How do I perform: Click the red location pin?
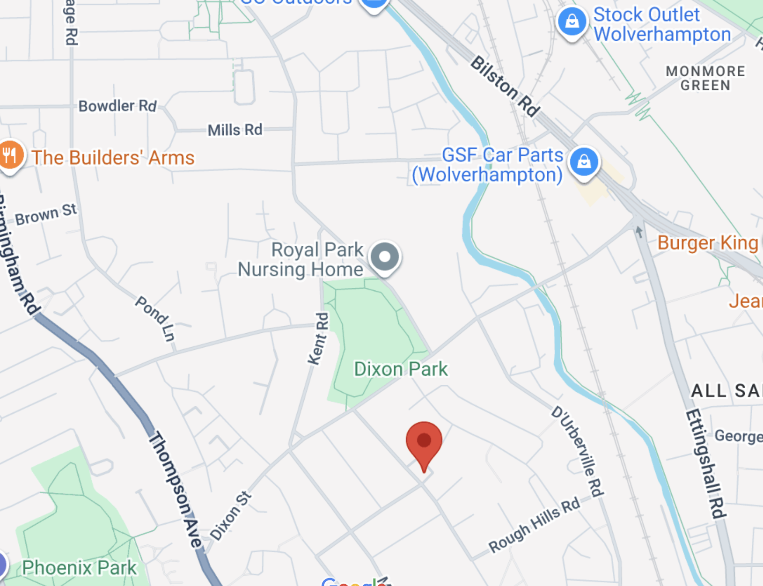click(424, 442)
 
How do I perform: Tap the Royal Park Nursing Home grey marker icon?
click(385, 257)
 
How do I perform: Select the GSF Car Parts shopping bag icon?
click(584, 162)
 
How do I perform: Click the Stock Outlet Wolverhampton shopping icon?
click(572, 22)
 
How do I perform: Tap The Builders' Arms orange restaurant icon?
click(10, 155)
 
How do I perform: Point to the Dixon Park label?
click(401, 369)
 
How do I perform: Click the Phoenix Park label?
click(79, 568)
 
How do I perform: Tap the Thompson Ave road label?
click(175, 489)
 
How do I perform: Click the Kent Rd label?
click(318, 338)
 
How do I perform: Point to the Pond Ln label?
click(155, 318)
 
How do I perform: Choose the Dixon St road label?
click(230, 516)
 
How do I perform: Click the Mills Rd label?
click(235, 130)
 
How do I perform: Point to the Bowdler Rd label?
click(117, 106)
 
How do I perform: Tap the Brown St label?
click(46, 214)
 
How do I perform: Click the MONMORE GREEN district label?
click(705, 78)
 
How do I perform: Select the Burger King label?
click(708, 243)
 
